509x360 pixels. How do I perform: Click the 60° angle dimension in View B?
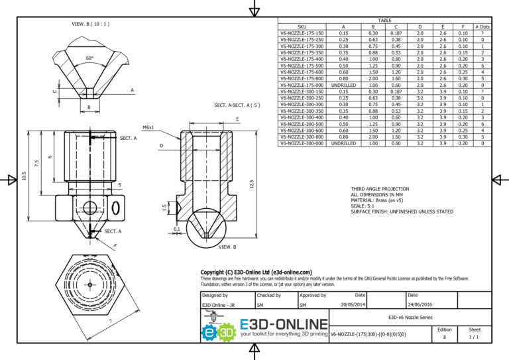(x=89, y=58)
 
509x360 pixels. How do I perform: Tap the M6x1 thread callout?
(x=148, y=127)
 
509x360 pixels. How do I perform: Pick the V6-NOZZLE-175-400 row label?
(x=303, y=60)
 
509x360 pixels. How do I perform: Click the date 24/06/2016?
(x=419, y=305)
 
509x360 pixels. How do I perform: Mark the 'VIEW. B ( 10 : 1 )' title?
(x=90, y=24)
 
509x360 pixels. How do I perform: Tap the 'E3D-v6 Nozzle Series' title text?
(x=411, y=318)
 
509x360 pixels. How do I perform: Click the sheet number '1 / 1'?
(x=475, y=337)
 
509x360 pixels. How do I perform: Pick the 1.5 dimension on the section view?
(x=165, y=208)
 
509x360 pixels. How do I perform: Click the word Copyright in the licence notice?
(x=215, y=272)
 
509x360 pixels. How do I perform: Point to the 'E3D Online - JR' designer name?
(x=220, y=305)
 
